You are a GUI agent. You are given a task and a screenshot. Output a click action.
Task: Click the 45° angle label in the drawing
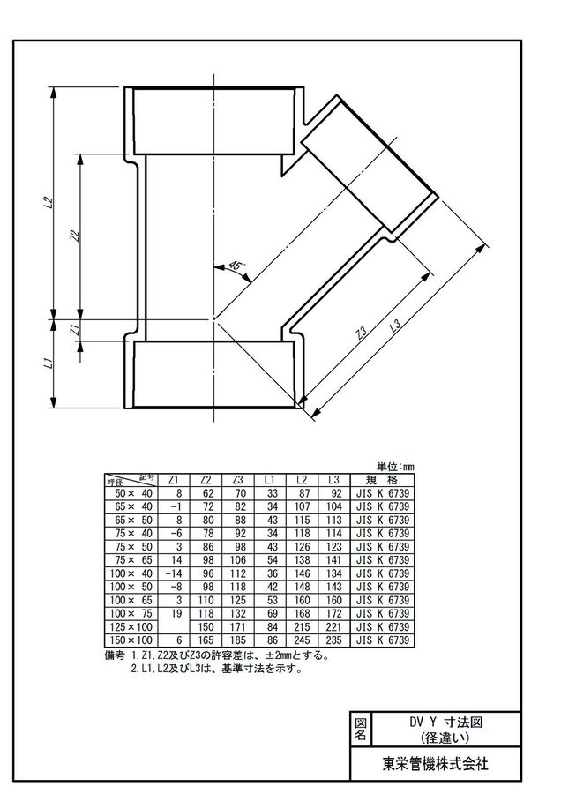236,266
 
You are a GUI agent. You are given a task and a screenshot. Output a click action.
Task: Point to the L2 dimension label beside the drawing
49,201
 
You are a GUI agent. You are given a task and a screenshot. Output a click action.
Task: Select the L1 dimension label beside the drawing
49,363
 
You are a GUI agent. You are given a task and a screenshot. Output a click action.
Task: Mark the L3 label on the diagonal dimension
396,325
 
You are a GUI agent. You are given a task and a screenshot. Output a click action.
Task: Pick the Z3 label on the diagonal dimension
361,333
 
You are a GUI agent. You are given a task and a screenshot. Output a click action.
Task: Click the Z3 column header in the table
237,480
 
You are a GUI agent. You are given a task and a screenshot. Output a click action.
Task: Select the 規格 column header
382,480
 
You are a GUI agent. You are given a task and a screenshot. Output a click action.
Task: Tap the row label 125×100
131,627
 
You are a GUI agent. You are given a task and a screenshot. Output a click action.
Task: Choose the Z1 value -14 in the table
173,573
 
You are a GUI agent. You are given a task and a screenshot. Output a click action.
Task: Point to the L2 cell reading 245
302,640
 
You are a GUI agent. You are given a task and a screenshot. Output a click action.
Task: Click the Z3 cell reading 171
237,627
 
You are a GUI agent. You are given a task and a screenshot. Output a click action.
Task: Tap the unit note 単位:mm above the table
395,467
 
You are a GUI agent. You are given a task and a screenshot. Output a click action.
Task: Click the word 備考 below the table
115,655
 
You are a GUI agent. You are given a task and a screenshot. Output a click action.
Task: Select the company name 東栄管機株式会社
436,763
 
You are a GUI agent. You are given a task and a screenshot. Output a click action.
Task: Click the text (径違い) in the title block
445,738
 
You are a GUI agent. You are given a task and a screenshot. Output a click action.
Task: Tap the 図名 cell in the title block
360,729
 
